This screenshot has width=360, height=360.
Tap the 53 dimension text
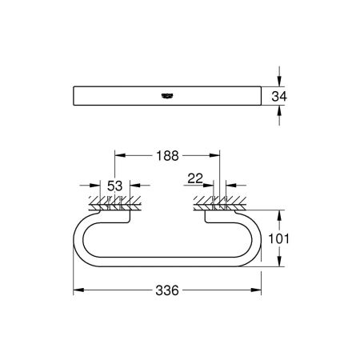[x=115, y=186]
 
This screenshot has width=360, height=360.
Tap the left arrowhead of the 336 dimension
[x=78, y=289]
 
